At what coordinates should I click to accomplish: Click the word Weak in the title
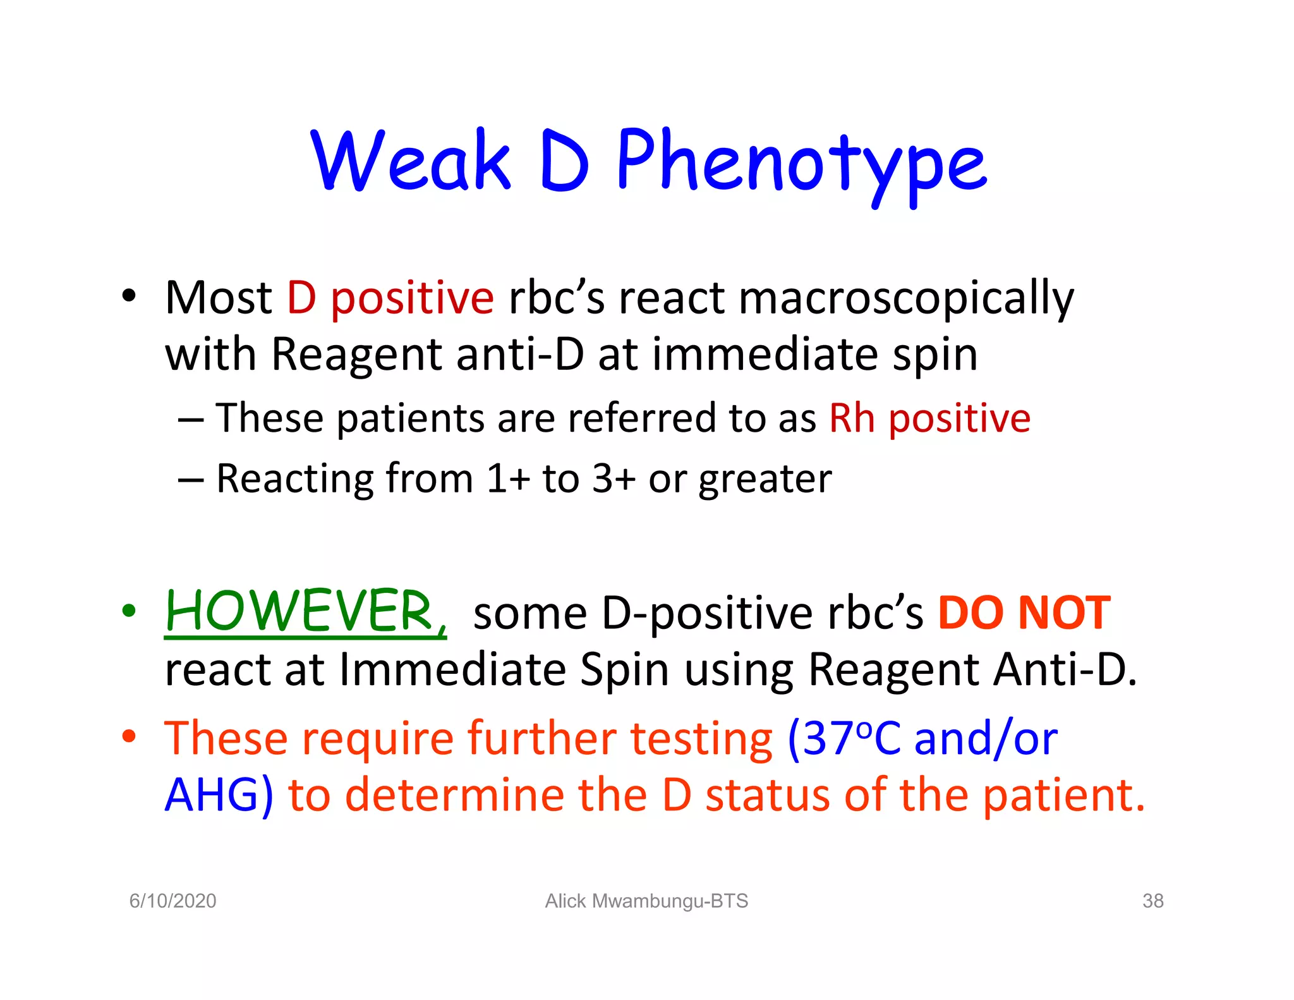[410, 161]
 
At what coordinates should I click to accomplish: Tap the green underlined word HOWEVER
[306, 612]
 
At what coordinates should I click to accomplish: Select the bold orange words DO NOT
[1024, 613]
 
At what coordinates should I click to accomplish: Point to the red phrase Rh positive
[929, 418]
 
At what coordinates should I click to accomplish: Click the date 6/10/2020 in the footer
[172, 901]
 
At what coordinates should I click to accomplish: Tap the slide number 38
[1152, 901]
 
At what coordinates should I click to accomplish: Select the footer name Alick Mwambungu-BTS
[646, 901]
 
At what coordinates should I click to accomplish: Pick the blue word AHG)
[219, 795]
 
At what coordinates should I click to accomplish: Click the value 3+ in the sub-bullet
[613, 479]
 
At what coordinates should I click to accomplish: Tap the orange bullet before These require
[129, 736]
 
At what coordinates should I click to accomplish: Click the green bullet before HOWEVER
[129, 611]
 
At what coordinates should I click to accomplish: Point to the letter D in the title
[564, 161]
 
